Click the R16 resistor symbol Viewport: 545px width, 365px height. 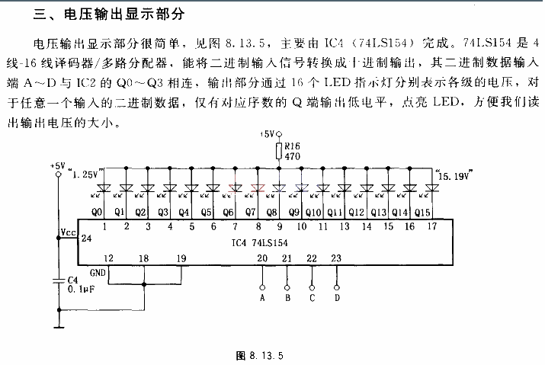click(x=279, y=151)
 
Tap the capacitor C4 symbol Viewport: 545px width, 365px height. click(x=59, y=280)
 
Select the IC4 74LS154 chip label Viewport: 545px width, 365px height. click(x=260, y=242)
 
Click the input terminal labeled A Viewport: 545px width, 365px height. click(x=262, y=287)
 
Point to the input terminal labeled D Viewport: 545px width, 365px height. click(x=336, y=287)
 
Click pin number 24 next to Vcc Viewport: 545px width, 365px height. click(x=86, y=238)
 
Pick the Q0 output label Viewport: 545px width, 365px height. click(x=97, y=212)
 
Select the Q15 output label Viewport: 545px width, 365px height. click(x=422, y=212)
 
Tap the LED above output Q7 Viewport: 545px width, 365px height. click(x=258, y=188)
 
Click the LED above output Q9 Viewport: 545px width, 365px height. click(x=301, y=188)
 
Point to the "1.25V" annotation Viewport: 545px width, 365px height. click(x=86, y=173)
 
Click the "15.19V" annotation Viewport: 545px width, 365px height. click(x=454, y=175)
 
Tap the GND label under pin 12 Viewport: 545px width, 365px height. click(x=98, y=273)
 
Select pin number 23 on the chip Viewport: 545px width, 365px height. click(x=336, y=258)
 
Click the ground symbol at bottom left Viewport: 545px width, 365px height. click(x=59, y=327)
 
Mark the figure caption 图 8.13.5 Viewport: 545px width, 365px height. click(x=260, y=356)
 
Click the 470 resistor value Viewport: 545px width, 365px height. click(x=292, y=156)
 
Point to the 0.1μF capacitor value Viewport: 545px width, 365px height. click(x=82, y=290)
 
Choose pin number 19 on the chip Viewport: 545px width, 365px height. click(x=181, y=258)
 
